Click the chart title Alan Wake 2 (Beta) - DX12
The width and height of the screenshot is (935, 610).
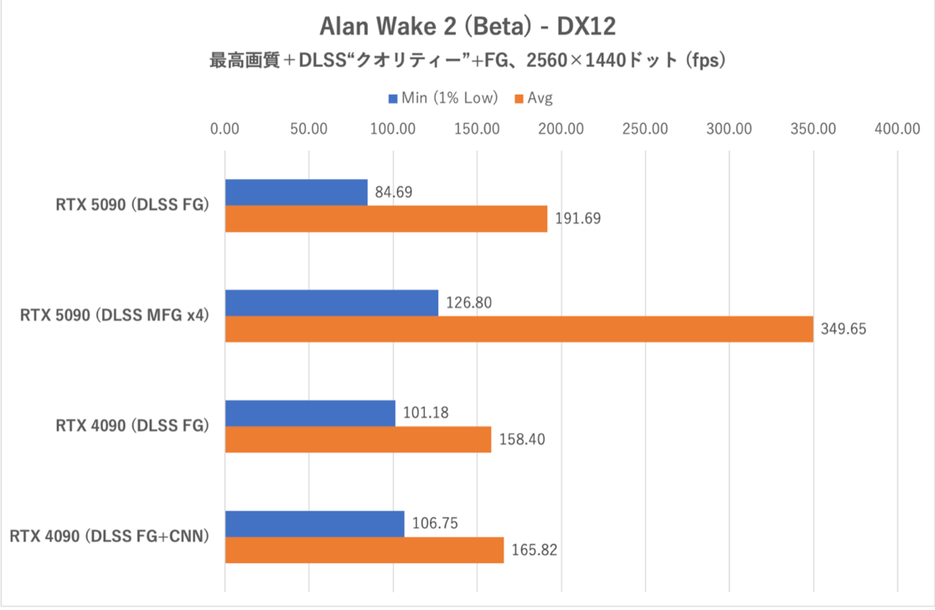coord(467,26)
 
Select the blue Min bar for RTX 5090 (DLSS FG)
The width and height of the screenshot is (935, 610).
coord(296,192)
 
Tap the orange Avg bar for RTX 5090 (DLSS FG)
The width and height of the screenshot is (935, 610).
coord(386,219)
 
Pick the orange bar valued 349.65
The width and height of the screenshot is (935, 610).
coord(519,329)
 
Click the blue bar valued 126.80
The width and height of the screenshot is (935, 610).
coord(332,302)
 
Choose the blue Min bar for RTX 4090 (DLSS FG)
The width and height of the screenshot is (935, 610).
coord(310,413)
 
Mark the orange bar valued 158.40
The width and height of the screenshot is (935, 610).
coord(358,439)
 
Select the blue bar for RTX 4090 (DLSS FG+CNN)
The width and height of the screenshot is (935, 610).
coord(315,524)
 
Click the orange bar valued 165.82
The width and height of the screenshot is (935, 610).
coord(365,550)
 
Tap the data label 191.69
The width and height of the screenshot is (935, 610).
coord(578,219)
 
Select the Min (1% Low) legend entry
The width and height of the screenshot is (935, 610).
coord(443,98)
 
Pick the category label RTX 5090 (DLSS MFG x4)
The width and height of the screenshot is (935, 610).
coord(116,316)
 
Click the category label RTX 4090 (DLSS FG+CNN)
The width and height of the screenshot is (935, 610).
coord(111,536)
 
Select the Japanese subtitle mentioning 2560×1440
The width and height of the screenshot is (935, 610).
coord(467,61)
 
